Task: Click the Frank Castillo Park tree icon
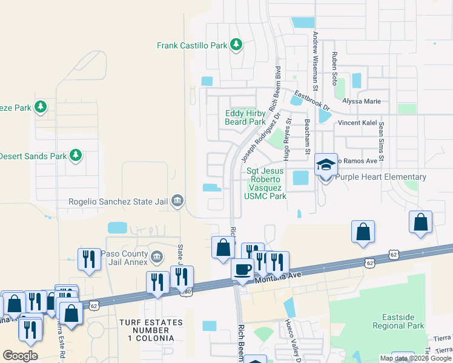[x=236, y=45]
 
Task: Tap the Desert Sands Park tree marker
[x=76, y=156]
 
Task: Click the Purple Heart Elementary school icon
[x=325, y=165]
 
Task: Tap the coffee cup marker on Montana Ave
[x=242, y=269]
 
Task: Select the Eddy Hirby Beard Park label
[x=245, y=117]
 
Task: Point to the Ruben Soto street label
[x=334, y=68]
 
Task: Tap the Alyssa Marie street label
[x=362, y=101]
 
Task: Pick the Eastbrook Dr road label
[x=312, y=100]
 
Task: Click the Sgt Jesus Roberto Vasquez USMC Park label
[x=266, y=183]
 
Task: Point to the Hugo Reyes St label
[x=288, y=139]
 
